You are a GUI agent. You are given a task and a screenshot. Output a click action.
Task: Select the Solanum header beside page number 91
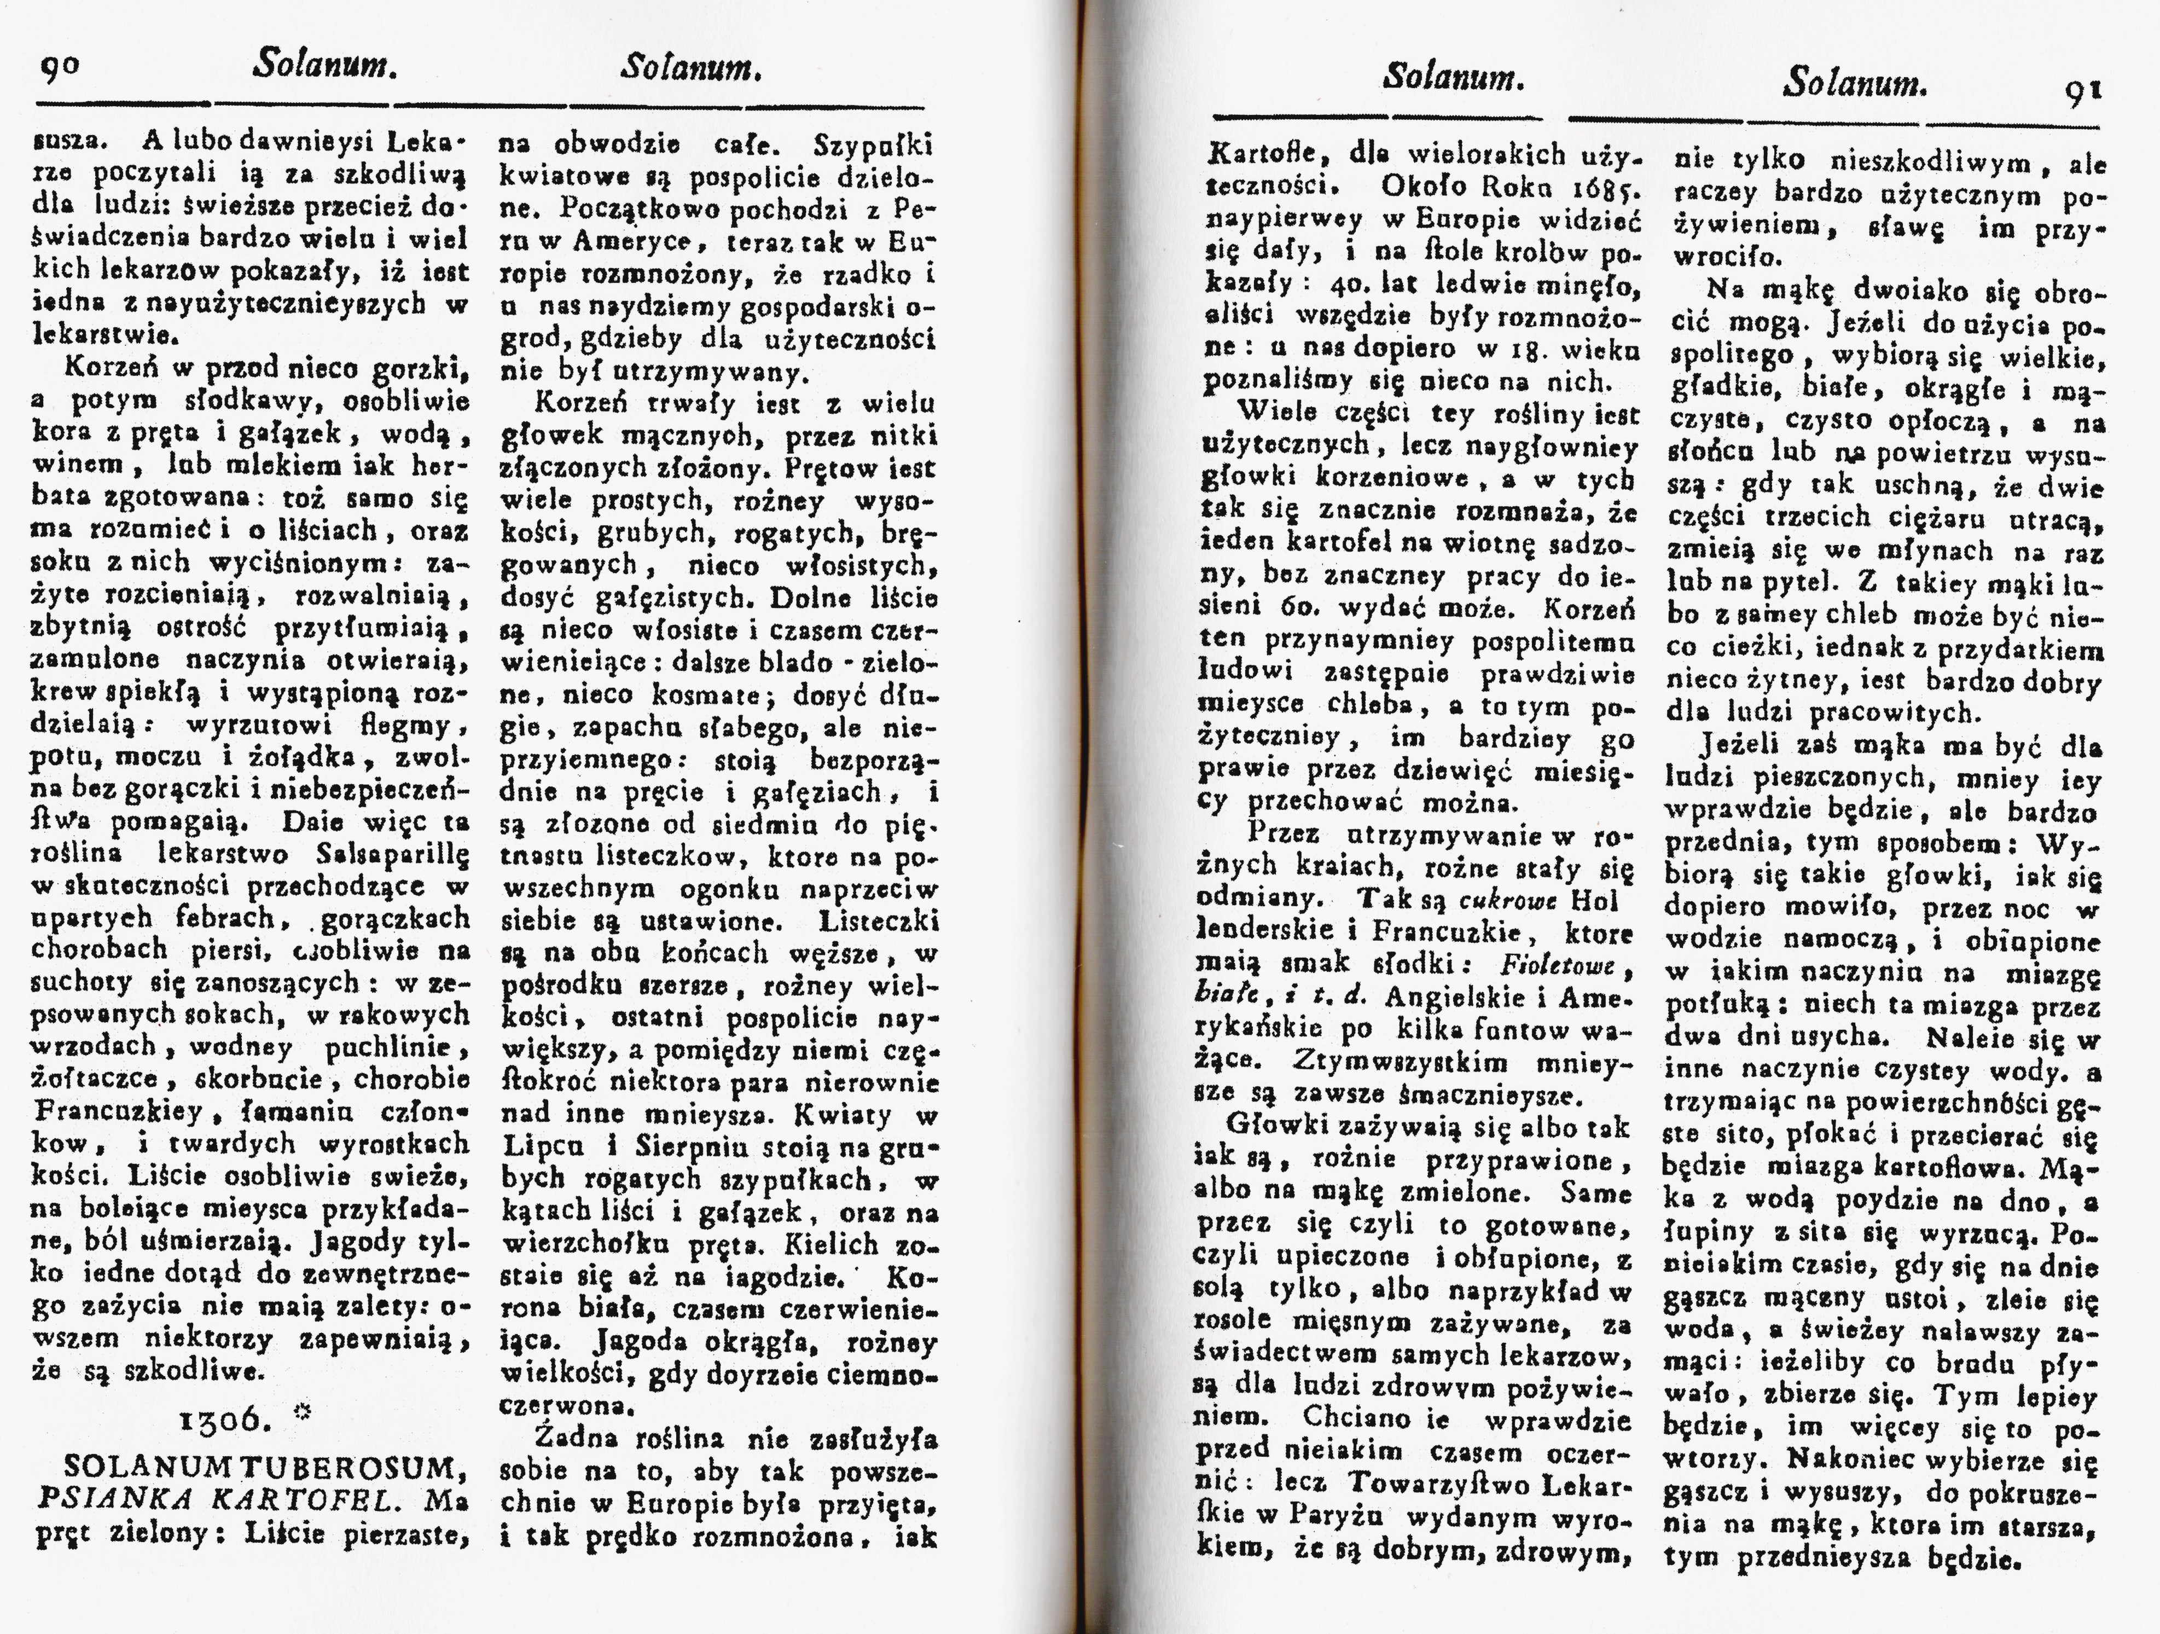[x=1854, y=85]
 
